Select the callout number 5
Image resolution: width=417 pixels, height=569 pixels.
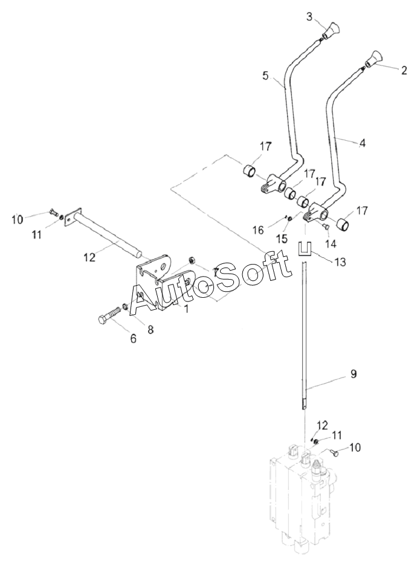[266, 76]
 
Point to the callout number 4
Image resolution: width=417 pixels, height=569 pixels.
[361, 143]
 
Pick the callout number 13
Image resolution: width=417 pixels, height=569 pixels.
[340, 262]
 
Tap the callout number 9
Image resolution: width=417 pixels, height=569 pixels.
[353, 374]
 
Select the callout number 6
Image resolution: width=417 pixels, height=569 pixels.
[134, 339]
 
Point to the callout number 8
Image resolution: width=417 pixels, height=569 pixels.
[150, 329]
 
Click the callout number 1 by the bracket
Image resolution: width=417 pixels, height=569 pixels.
[186, 309]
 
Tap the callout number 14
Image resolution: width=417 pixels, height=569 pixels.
[331, 243]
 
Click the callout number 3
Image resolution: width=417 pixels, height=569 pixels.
[309, 17]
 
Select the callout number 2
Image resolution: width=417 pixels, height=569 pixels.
[404, 70]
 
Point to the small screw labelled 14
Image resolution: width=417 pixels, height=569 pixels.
[326, 227]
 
